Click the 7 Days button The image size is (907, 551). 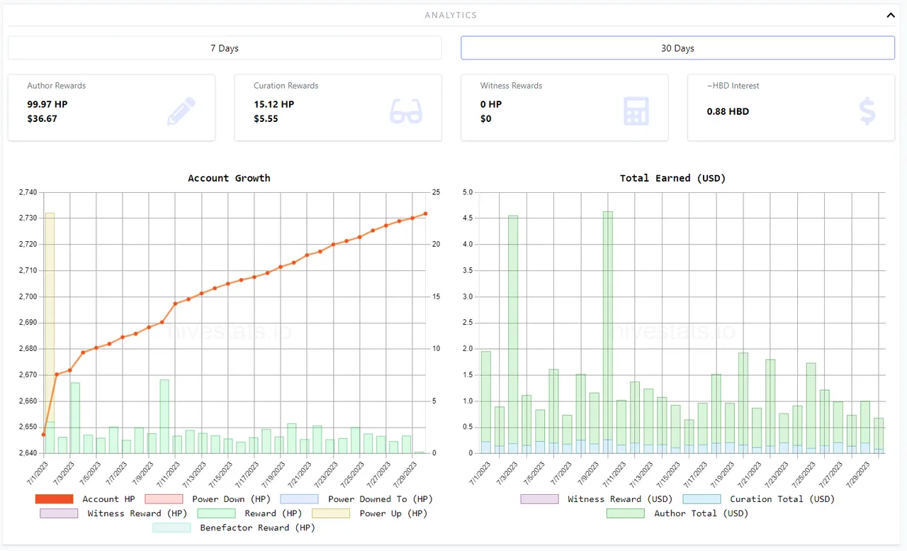pyautogui.click(x=225, y=48)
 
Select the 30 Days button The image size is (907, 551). pyautogui.click(x=677, y=48)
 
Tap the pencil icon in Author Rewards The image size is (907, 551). pyautogui.click(x=181, y=111)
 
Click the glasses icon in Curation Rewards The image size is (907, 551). pyautogui.click(x=406, y=111)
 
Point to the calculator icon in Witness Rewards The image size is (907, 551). pyautogui.click(x=636, y=111)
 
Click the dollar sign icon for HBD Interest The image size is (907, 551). pyautogui.click(x=867, y=111)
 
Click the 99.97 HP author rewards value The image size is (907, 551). pyautogui.click(x=47, y=104)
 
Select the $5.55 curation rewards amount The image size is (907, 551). pyautogui.click(x=266, y=118)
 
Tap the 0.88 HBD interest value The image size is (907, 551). pyautogui.click(x=728, y=111)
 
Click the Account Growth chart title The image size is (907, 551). pyautogui.click(x=229, y=178)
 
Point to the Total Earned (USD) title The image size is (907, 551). pyautogui.click(x=672, y=178)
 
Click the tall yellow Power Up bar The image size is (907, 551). pyautogui.click(x=50, y=319)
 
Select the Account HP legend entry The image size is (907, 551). pyautogui.click(x=85, y=499)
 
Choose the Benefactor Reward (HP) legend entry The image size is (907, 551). pyautogui.click(x=234, y=528)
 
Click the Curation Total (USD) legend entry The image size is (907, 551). pyautogui.click(x=758, y=499)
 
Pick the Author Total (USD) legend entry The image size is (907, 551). pyautogui.click(x=677, y=513)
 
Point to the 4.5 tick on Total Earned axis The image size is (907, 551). pyautogui.click(x=467, y=218)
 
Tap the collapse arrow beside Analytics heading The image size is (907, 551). pyautogui.click(x=891, y=15)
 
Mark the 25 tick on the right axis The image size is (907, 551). pyautogui.click(x=436, y=192)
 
